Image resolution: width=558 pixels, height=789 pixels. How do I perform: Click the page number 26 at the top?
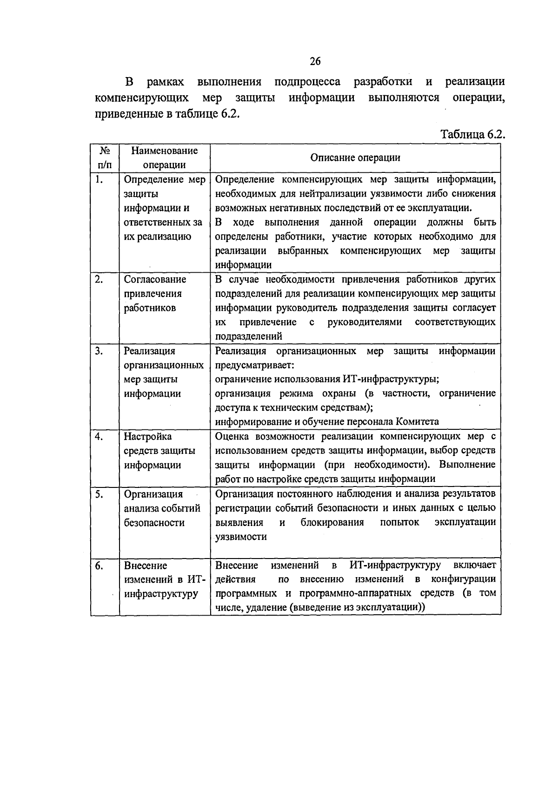(315, 61)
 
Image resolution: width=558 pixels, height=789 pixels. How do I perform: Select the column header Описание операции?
(355, 158)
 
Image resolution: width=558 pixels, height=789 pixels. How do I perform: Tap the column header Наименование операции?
(165, 158)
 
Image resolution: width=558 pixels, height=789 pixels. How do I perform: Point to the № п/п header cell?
(105, 158)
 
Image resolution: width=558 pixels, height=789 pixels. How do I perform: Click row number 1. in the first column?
(99, 179)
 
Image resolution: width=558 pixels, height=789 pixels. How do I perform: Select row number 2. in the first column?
(99, 279)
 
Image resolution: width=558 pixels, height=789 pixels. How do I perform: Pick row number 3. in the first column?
(99, 351)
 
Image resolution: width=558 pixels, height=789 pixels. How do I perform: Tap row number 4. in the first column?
(99, 436)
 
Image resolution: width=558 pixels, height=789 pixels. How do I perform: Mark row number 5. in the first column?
(99, 494)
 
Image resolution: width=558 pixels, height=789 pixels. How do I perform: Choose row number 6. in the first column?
(99, 565)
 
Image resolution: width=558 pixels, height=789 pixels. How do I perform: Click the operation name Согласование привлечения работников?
(155, 293)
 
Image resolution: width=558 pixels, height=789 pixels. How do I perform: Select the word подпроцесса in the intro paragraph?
(307, 82)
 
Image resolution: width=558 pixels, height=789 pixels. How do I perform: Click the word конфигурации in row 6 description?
(463, 579)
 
